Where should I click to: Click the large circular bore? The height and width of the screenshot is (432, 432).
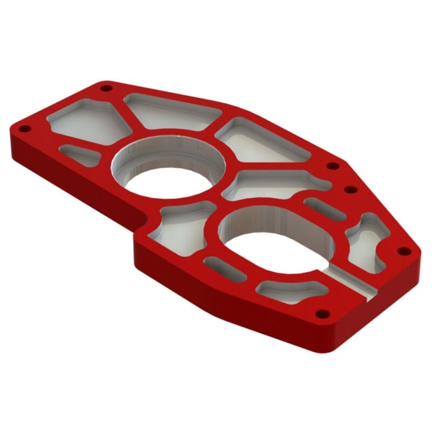(167, 170)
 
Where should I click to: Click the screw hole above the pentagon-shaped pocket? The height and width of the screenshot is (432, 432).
(107, 88)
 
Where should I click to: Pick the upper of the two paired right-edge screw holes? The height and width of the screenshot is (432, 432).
(333, 166)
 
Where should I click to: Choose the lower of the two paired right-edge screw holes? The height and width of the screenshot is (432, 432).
(351, 190)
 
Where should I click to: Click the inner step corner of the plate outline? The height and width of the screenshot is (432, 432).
(138, 231)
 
